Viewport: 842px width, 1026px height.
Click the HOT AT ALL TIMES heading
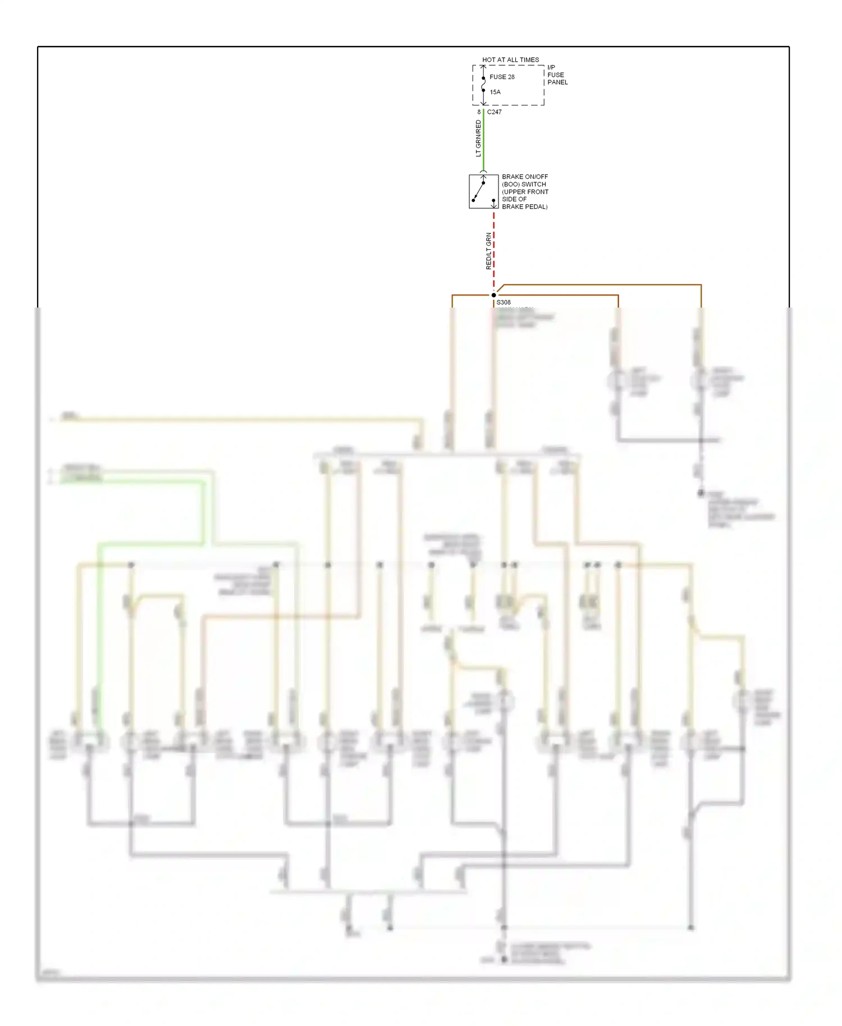click(x=510, y=59)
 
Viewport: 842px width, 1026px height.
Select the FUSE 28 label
click(x=502, y=77)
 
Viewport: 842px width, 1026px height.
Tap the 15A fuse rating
click(x=495, y=92)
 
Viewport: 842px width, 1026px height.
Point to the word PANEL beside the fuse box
click(x=557, y=83)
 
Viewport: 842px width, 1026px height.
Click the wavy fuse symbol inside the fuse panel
click(x=483, y=84)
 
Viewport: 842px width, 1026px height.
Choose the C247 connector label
click(x=495, y=112)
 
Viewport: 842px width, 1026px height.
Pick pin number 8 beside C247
click(x=479, y=112)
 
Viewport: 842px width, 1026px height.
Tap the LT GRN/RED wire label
click(x=478, y=138)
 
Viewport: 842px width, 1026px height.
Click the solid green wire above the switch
click(x=483, y=140)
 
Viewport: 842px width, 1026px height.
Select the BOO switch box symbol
click(x=483, y=191)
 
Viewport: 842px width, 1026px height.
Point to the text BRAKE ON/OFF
click(x=525, y=177)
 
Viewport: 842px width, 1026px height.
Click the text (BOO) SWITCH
click(x=524, y=184)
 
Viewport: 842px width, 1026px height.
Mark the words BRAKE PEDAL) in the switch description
click(x=525, y=207)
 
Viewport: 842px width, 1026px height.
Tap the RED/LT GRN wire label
click(x=488, y=251)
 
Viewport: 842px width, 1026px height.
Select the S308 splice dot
click(x=494, y=295)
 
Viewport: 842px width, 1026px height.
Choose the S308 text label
click(x=504, y=303)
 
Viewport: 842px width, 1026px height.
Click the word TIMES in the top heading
click(x=529, y=59)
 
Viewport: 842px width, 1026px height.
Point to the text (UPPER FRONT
click(x=525, y=192)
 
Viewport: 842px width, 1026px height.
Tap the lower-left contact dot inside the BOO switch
click(x=474, y=200)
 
